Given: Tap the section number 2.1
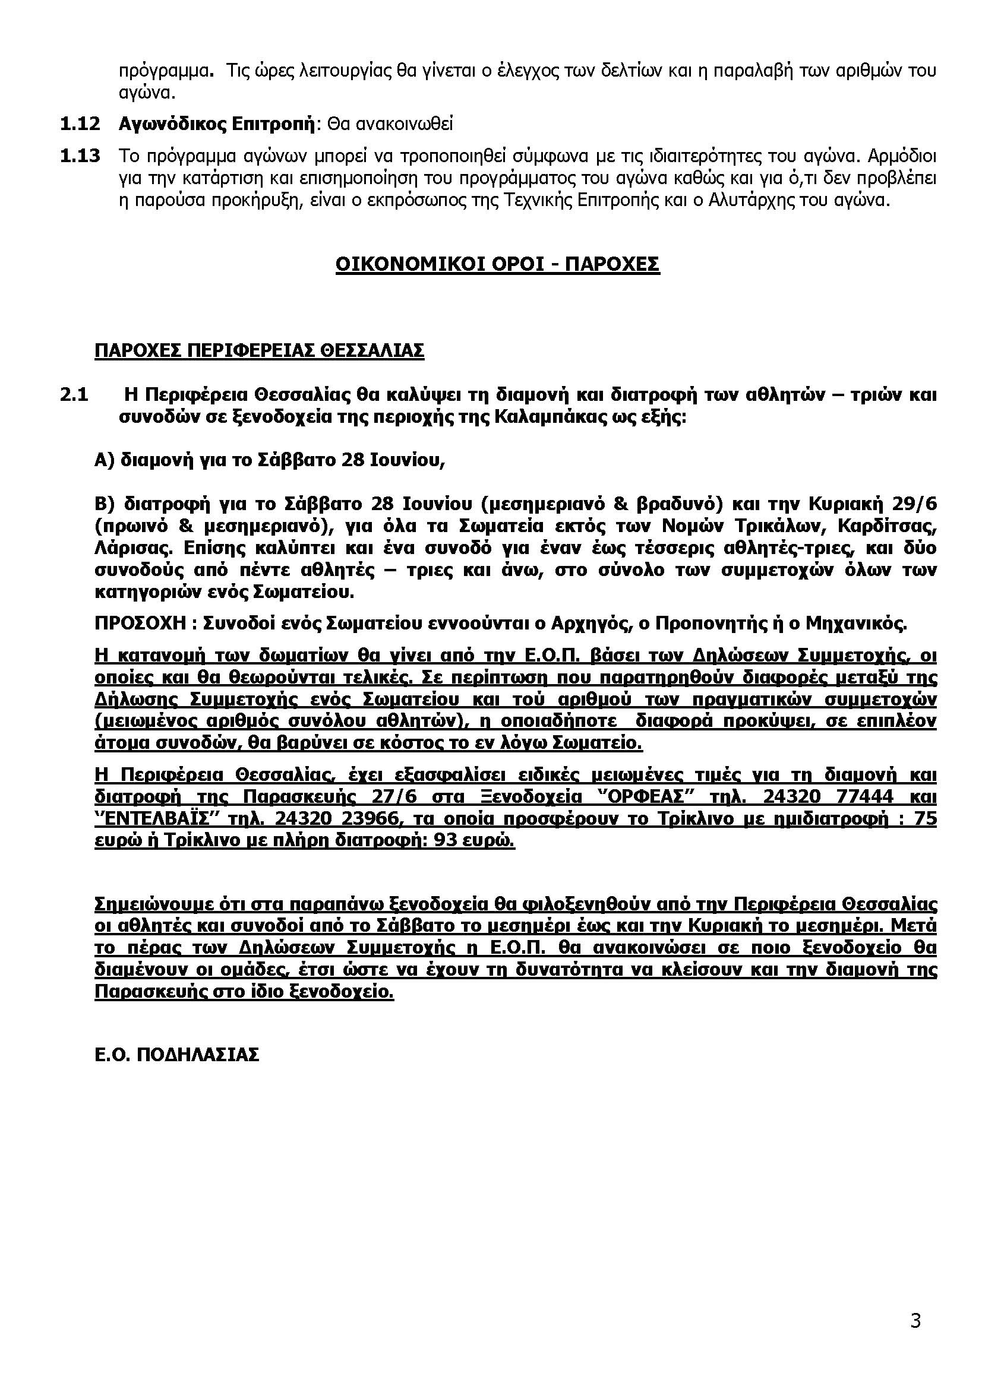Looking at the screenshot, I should click(74, 395).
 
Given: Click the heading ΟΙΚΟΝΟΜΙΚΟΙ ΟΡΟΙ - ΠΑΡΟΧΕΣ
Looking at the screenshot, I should click(497, 265).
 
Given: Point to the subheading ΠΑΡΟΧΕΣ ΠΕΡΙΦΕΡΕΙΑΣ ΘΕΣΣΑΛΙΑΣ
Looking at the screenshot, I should click(259, 351).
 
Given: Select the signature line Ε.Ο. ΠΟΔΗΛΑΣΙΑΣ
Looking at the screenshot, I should click(176, 1055).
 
